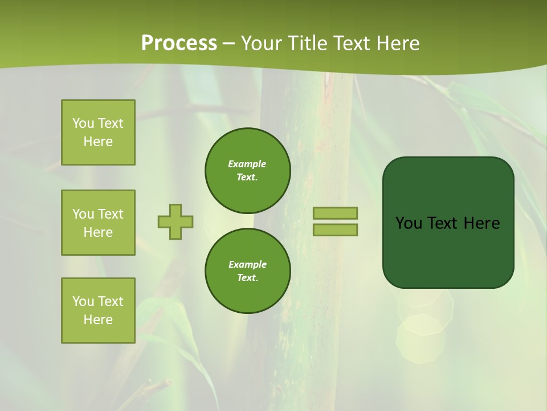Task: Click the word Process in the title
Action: click(179, 43)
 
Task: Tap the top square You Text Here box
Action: click(98, 132)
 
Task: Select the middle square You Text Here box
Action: click(98, 223)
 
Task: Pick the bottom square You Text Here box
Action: click(98, 311)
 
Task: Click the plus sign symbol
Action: click(175, 221)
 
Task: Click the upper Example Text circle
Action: click(247, 171)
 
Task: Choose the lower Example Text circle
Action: click(247, 271)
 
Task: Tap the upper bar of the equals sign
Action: click(335, 213)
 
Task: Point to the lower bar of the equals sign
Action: click(335, 229)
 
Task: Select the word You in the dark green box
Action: click(409, 223)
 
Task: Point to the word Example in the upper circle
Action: click(247, 164)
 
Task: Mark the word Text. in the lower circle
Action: click(247, 278)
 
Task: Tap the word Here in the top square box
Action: click(98, 142)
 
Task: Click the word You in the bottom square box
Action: click(83, 301)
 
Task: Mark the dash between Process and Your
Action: click(229, 43)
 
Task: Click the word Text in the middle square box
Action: click(110, 214)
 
